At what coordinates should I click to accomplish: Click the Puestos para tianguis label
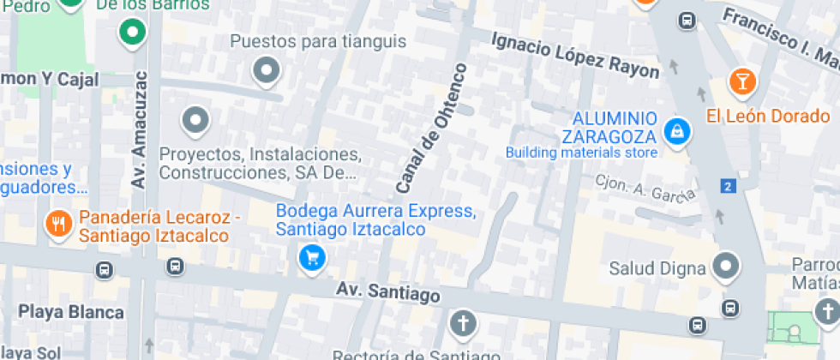[317, 41]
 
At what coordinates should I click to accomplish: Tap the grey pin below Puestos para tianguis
[267, 71]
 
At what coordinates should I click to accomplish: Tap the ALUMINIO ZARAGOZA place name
[609, 127]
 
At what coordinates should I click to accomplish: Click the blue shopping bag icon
[677, 131]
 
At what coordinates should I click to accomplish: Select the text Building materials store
[581, 153]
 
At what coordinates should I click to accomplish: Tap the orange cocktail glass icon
[741, 82]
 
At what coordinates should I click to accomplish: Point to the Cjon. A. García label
[645, 189]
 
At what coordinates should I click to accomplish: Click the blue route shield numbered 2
[728, 186]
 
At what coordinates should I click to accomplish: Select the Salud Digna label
[657, 267]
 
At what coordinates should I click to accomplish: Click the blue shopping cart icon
[310, 255]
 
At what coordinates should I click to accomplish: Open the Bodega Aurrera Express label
[375, 219]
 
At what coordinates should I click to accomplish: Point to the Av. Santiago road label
[387, 293]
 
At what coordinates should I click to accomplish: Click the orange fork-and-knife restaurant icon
[57, 225]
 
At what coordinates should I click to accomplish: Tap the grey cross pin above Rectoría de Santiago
[463, 323]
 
